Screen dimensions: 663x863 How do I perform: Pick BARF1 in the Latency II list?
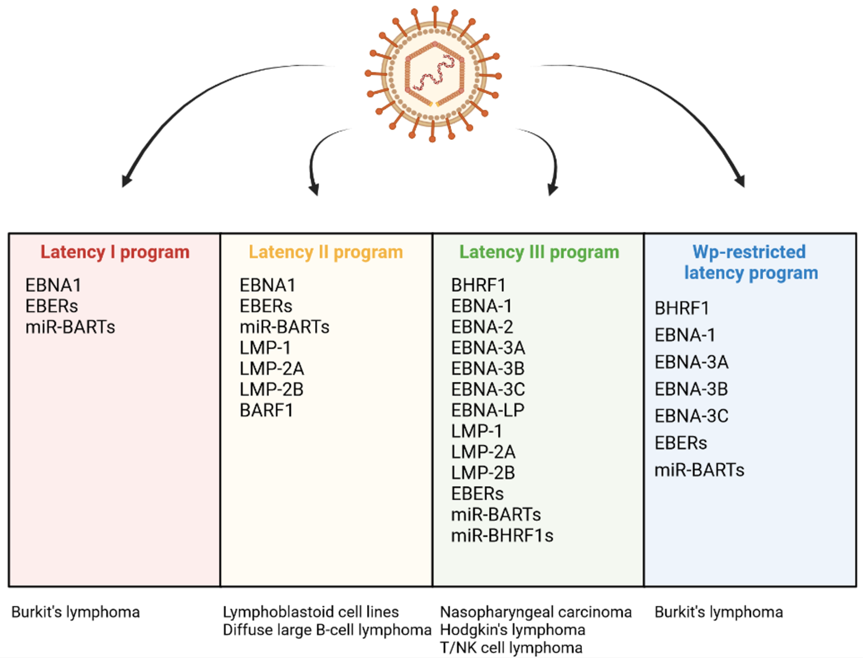[x=267, y=410]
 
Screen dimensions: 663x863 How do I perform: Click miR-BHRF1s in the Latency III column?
[x=502, y=536]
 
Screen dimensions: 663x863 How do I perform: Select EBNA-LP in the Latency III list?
[x=488, y=410]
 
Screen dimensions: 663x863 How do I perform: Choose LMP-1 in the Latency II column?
[x=265, y=348]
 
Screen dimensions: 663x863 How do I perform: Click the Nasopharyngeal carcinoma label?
[x=536, y=612]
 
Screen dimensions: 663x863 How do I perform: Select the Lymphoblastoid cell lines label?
[x=311, y=612]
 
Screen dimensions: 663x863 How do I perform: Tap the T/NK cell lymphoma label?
[x=511, y=648]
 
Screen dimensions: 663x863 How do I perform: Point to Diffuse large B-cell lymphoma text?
[x=327, y=630]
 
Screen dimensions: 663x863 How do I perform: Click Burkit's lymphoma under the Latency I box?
[x=75, y=612]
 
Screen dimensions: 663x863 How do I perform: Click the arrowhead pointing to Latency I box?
[x=126, y=181]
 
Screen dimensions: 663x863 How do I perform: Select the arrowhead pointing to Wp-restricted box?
[x=740, y=181]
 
